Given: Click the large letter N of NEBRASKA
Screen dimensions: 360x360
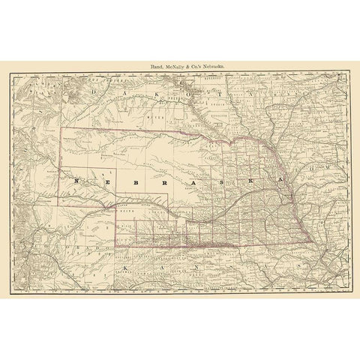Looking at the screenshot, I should click(x=77, y=181).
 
